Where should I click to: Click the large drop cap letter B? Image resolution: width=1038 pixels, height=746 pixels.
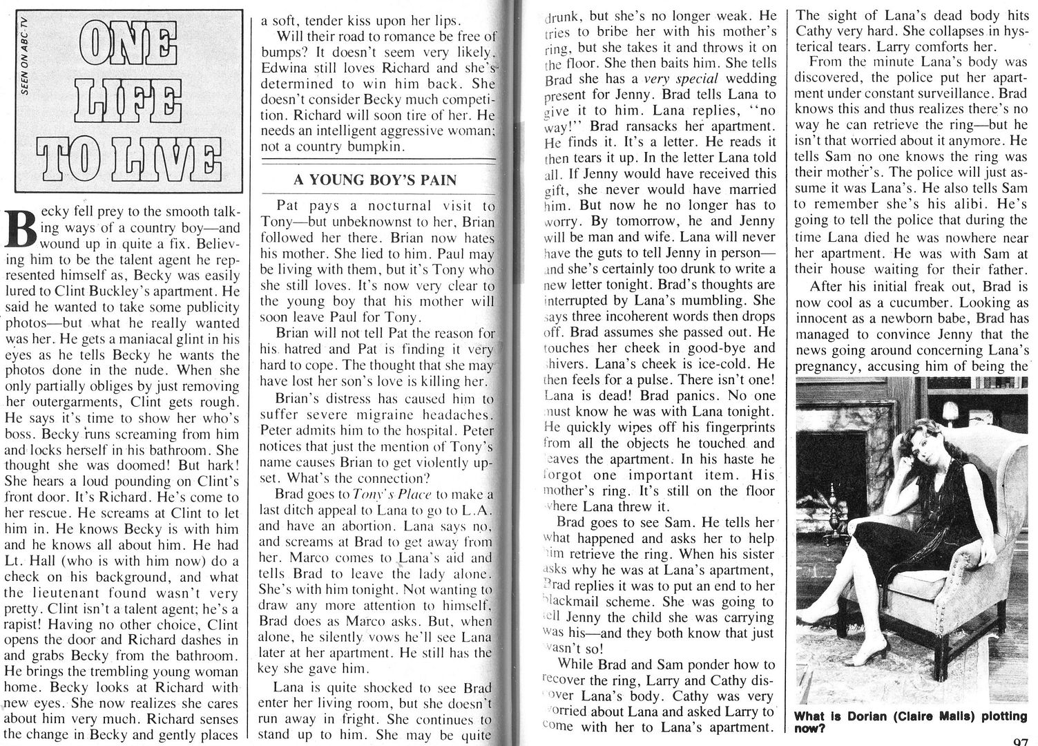20,229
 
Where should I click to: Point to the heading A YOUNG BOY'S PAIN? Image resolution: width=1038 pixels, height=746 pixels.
375,181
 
